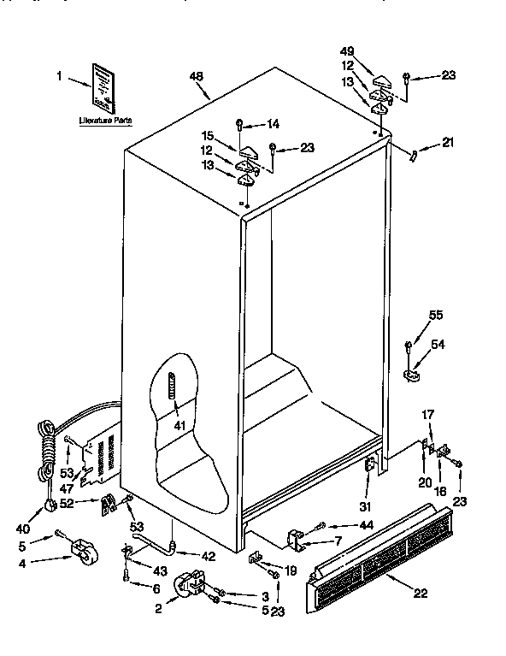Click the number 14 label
[x=273, y=123]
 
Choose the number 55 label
[x=437, y=315]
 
